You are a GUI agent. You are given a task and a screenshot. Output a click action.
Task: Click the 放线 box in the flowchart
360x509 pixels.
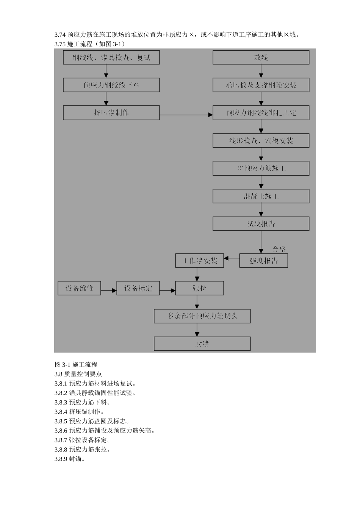261,58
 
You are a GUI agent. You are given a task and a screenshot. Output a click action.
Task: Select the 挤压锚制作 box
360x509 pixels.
111,113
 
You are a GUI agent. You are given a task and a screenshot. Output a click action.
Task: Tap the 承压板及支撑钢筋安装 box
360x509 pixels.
261,85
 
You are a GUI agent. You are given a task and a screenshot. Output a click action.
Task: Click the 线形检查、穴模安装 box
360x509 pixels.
261,141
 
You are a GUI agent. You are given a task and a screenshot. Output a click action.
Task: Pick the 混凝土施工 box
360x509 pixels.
261,196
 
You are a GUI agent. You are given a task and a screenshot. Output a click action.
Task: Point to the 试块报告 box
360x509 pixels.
261,224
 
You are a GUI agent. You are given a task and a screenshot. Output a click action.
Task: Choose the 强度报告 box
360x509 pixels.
263,261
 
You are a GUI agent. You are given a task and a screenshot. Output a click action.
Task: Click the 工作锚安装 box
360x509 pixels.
199,261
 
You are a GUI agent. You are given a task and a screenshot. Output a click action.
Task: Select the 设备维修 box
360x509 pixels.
79,288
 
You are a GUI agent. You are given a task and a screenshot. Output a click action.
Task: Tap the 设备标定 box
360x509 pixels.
138,288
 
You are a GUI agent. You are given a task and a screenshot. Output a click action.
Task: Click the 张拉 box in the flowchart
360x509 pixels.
199,288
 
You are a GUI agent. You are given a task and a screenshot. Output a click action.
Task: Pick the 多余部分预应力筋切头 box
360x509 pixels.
202,316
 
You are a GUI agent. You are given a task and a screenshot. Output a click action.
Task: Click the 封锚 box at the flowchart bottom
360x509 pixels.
202,344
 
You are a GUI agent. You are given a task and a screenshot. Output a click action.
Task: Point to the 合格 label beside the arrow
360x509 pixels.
279,249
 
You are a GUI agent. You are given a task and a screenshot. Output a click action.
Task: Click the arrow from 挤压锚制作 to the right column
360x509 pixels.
186,115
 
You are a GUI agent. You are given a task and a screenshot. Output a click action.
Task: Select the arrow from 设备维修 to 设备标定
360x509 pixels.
109,290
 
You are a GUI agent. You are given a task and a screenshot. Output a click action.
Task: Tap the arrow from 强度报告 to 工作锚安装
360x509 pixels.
232,258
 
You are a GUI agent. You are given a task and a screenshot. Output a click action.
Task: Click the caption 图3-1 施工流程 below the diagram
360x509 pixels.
76,364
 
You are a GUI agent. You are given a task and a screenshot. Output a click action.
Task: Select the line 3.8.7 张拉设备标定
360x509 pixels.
82,440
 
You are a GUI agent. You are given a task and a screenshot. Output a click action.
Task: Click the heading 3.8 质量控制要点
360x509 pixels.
78,374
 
